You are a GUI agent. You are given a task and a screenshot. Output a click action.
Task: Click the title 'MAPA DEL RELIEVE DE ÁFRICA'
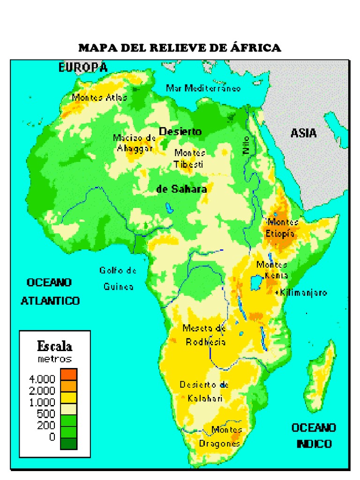(180, 48)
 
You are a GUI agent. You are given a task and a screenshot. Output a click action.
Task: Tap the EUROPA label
(83, 67)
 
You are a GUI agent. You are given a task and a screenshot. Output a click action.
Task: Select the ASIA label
(303, 133)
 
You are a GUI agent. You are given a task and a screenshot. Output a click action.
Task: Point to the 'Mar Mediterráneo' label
(203, 88)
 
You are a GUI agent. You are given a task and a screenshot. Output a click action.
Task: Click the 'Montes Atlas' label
(99, 97)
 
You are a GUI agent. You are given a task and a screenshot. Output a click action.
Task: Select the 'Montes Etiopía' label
(282, 227)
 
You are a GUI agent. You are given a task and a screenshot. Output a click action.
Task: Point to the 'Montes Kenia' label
(272, 270)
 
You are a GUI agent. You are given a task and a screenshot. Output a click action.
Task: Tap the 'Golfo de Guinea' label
(118, 278)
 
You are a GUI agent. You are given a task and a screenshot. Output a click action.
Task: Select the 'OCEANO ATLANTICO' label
(50, 292)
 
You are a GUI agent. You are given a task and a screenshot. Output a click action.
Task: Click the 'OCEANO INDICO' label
(314, 435)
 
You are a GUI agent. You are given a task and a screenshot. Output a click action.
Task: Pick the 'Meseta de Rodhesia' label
(205, 335)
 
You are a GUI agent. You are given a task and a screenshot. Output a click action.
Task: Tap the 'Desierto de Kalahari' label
(204, 391)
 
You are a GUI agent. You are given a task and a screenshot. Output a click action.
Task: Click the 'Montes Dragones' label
(220, 436)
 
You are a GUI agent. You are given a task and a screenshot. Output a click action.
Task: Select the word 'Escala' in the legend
(54, 346)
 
